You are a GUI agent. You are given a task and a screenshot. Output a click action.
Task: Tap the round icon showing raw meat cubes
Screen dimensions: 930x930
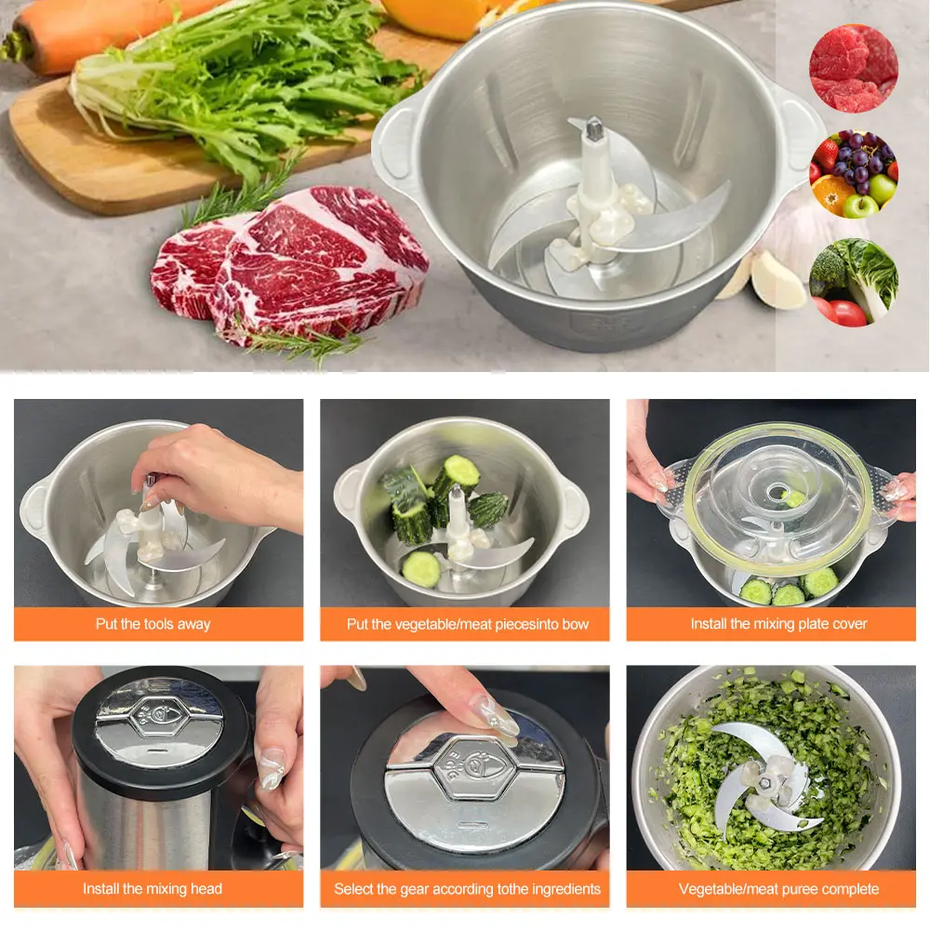click(x=854, y=68)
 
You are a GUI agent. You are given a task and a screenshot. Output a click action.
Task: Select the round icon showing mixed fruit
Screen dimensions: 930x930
click(x=854, y=173)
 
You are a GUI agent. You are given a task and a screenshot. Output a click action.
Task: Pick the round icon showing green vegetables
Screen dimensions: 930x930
click(x=854, y=282)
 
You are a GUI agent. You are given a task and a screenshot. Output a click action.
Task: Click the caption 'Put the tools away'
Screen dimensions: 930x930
click(x=153, y=624)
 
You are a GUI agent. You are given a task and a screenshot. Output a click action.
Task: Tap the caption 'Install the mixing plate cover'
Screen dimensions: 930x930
click(x=778, y=624)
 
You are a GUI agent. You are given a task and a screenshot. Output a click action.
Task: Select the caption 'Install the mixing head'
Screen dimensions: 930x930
click(x=153, y=888)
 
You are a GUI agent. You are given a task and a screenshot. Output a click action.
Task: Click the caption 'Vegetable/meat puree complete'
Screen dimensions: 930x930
click(x=778, y=889)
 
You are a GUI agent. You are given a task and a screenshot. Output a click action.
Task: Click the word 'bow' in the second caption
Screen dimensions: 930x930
click(x=576, y=624)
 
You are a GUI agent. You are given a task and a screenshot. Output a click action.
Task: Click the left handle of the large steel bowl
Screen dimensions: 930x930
click(x=393, y=142)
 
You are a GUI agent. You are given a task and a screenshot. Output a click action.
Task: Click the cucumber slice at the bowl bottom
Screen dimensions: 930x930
click(x=421, y=569)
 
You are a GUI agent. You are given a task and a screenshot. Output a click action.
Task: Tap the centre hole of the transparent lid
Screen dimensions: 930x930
click(x=777, y=492)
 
